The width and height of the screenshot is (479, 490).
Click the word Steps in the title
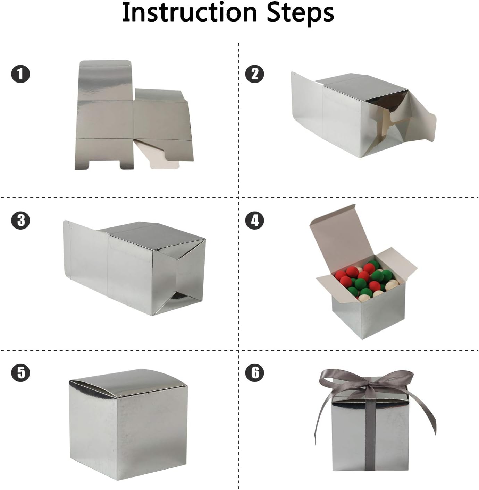pos(300,12)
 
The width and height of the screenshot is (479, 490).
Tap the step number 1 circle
pos(20,74)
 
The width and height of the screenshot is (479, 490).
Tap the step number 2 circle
pos(255,74)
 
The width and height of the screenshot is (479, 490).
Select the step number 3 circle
pos(20,220)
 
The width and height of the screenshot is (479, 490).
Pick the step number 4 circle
pos(255,220)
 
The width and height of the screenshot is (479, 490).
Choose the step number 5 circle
pos(20,373)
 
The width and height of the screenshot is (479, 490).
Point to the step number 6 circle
pos(255,373)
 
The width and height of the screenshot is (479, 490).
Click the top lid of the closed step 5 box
pos(128,383)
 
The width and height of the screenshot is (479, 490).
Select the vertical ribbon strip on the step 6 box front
pos(371,437)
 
